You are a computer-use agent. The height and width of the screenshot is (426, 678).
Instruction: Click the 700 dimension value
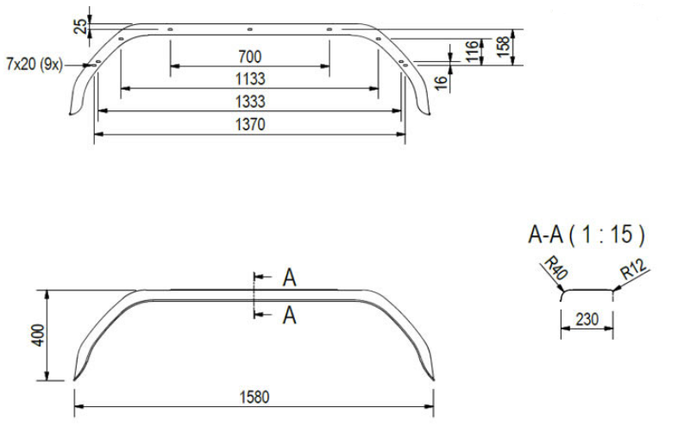click(249, 57)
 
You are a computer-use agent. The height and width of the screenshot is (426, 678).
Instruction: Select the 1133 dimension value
click(249, 79)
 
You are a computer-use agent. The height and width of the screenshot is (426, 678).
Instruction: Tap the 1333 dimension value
click(249, 102)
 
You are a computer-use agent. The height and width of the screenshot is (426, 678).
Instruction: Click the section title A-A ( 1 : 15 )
click(587, 235)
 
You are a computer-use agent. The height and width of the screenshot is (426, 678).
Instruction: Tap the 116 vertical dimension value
click(471, 51)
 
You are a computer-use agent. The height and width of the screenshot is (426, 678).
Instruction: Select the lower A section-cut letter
click(290, 316)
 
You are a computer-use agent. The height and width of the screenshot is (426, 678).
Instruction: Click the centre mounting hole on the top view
click(249, 29)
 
